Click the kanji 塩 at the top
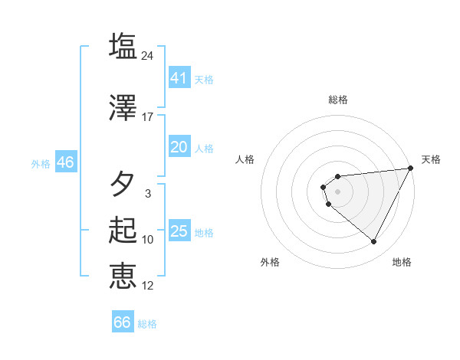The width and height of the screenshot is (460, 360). click(x=123, y=46)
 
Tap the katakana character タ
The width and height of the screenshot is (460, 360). click(x=123, y=184)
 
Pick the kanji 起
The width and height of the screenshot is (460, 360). click(x=123, y=231)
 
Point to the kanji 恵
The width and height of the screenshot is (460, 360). click(x=123, y=276)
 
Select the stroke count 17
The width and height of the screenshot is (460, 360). click(x=148, y=117)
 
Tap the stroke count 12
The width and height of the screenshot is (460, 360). click(x=148, y=286)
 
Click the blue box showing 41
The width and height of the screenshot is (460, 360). click(x=179, y=78)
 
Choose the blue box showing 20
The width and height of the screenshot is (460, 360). click(x=179, y=147)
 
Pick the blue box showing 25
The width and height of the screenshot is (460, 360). click(x=179, y=231)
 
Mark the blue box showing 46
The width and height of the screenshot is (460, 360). click(x=64, y=162)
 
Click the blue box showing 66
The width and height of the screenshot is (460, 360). click(x=123, y=322)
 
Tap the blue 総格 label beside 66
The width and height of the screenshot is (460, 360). click(x=147, y=324)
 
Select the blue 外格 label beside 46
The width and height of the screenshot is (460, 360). click(x=40, y=164)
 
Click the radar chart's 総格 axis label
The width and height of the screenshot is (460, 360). click(x=337, y=100)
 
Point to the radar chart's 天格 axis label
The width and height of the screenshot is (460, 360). click(x=431, y=159)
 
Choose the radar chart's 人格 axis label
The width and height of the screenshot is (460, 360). click(x=245, y=159)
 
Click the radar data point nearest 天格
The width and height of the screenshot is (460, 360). click(x=412, y=169)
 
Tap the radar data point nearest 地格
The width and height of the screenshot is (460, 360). click(x=374, y=242)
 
